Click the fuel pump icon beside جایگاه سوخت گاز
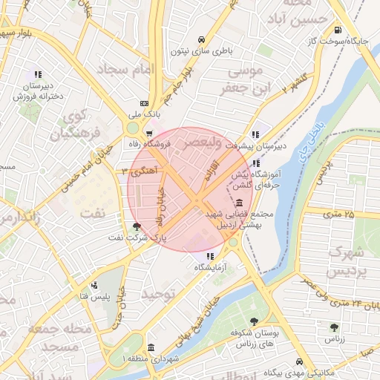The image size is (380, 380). point(339,30)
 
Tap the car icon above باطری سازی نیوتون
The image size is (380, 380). point(200,39)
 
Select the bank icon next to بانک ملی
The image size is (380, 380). point(143,103)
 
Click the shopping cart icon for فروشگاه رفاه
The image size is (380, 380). point(150,134)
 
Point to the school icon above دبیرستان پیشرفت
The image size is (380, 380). point(255,134)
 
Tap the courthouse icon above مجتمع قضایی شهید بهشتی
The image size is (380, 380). point(238,203)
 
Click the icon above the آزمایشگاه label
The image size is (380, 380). point(209,256)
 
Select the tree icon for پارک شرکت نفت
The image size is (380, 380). point(136,227)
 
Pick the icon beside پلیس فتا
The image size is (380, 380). point(94,285)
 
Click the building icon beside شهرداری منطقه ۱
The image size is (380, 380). point(151,347)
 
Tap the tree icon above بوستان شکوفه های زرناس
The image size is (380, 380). point(255,321)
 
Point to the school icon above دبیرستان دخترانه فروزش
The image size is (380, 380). point(37,74)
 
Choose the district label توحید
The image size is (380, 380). point(162,295)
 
